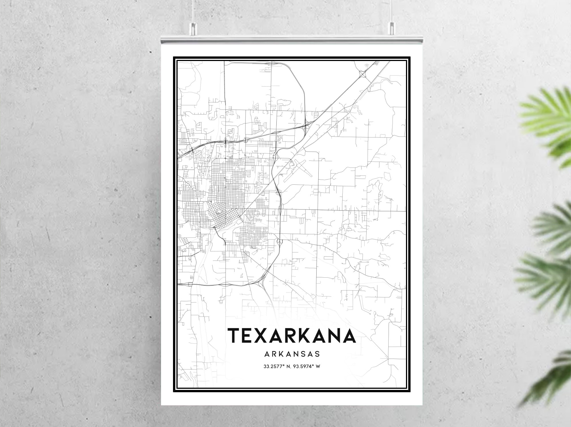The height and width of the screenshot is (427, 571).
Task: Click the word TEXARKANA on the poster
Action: click(291, 335)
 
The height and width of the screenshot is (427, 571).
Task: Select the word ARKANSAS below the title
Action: click(292, 354)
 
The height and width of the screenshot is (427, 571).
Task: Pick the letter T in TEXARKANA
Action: click(235, 335)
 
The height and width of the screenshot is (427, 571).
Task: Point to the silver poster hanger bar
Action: click(291, 39)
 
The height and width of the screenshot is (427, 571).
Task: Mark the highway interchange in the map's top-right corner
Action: click(363, 74)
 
